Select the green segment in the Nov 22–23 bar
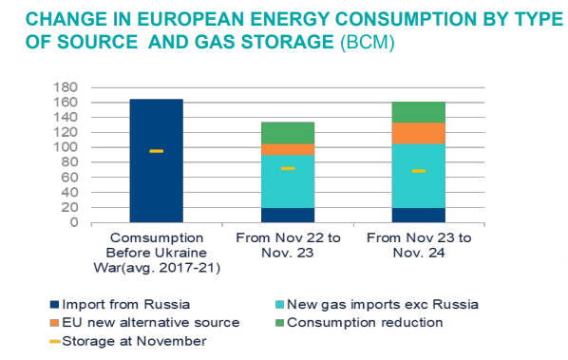(287, 133)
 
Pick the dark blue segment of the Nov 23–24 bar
(418, 215)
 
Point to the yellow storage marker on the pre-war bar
(156, 151)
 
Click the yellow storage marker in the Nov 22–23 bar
(287, 168)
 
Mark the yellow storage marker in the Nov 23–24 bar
(418, 171)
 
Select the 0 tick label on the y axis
(72, 222)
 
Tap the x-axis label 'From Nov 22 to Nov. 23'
(287, 243)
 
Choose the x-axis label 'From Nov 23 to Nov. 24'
(418, 243)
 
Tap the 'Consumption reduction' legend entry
(367, 322)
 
